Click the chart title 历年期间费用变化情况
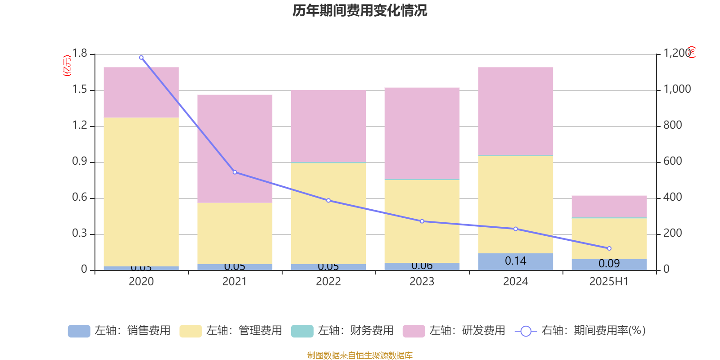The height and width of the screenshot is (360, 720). [360, 10]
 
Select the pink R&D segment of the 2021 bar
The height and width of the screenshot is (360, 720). [234, 148]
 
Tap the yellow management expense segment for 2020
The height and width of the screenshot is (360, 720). [141, 192]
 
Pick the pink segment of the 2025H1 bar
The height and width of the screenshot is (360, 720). [609, 207]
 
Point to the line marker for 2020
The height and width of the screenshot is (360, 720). [141, 58]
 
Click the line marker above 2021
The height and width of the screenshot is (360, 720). [235, 172]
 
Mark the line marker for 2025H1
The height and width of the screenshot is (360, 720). [609, 248]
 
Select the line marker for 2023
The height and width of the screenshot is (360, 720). [422, 221]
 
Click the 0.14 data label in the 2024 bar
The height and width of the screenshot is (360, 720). [516, 261]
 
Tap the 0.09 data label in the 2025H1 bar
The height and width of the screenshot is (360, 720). [609, 264]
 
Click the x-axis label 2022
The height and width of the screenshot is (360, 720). [328, 282]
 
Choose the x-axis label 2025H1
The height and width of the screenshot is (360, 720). [609, 282]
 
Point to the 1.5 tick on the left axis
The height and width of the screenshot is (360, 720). [80, 90]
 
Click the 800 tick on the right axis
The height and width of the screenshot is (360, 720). [673, 125]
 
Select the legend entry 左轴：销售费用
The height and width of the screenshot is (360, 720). [119, 331]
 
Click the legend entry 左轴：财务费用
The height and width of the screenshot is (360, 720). [342, 331]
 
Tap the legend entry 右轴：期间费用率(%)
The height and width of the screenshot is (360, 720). [580, 331]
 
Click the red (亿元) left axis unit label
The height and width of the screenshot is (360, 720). [67, 66]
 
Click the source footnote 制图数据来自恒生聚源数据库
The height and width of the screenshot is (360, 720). [360, 355]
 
